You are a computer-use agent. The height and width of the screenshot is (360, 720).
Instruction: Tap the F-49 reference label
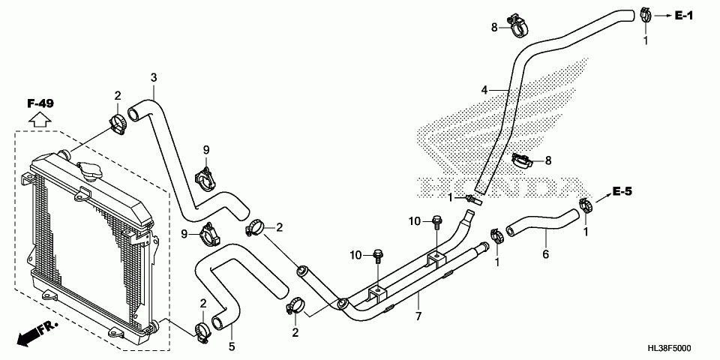[40, 103]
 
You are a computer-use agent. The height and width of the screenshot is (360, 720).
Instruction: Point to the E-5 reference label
[622, 192]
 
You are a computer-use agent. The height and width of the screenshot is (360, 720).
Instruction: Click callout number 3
[154, 77]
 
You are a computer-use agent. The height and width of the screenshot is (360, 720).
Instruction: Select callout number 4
[484, 90]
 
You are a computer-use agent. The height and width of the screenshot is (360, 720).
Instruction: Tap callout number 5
[231, 346]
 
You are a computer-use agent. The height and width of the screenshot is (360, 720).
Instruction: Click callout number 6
[545, 254]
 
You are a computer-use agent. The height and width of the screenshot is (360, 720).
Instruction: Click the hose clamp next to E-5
[586, 201]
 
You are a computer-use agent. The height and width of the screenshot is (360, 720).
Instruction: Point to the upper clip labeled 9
[205, 178]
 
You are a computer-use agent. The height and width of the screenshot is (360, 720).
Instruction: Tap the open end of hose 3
[135, 113]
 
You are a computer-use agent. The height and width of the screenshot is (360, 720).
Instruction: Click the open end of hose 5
[218, 322]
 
